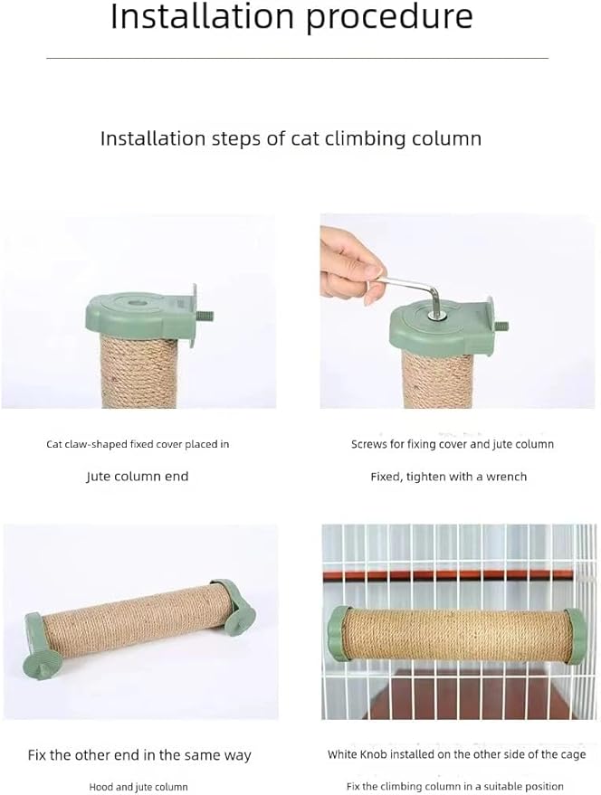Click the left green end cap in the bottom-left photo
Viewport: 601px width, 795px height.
36,643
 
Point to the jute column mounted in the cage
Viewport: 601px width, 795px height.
457,636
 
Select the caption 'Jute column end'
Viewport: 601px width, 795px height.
138,476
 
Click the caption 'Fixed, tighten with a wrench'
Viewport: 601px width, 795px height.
448,476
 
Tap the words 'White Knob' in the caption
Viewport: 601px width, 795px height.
358,753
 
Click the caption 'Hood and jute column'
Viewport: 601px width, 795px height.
138,787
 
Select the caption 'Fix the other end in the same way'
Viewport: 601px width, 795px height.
138,754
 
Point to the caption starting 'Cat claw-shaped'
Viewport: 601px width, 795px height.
138,444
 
